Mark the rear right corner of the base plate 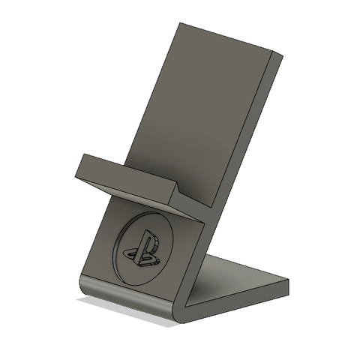tap(287, 282)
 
